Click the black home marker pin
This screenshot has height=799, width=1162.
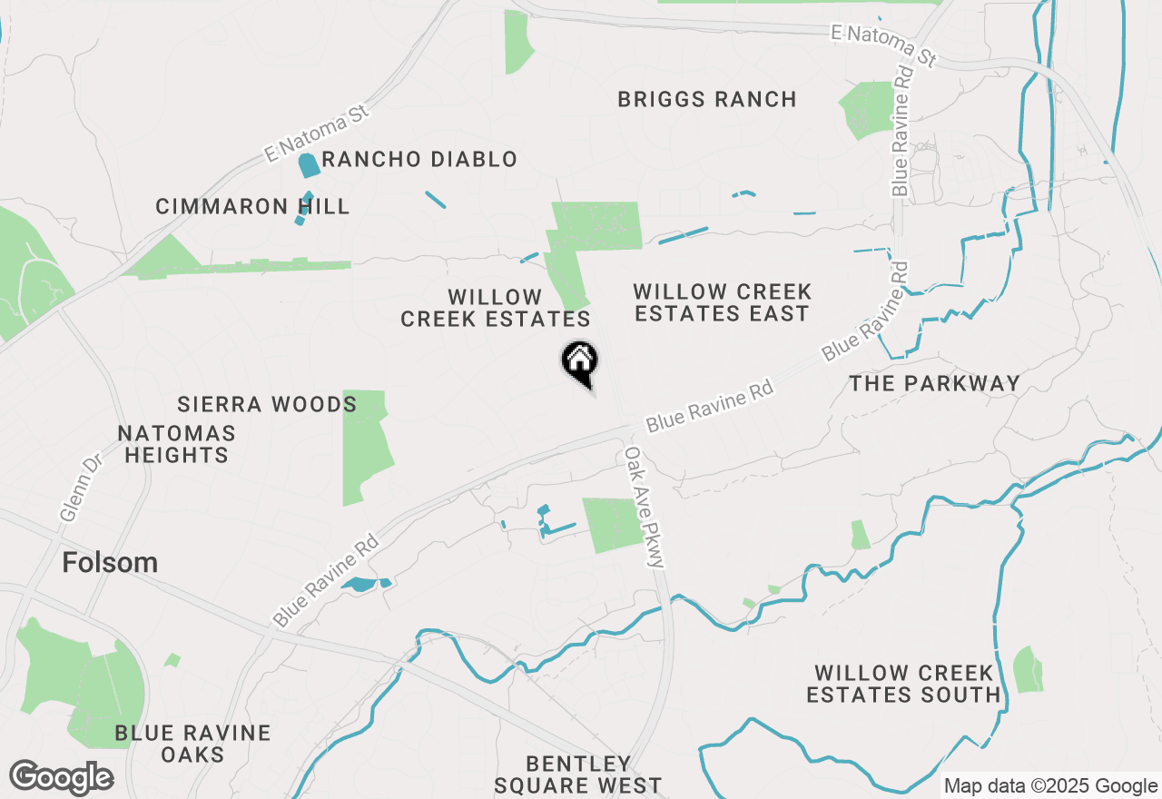tap(579, 360)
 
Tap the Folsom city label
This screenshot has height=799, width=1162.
tap(110, 563)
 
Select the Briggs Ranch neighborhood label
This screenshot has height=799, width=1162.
tap(707, 99)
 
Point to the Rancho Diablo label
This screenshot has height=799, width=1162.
tap(419, 160)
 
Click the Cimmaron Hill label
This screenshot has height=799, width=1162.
tap(252, 206)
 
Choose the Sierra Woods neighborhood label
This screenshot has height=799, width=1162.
tap(267, 404)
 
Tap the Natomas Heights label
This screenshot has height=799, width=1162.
tap(176, 444)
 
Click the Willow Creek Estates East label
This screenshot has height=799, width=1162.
tap(722, 302)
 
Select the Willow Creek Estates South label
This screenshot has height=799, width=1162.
tap(903, 684)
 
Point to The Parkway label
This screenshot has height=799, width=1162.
tap(935, 383)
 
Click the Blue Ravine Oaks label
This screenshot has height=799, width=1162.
tap(192, 743)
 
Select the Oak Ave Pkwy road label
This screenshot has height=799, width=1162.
tap(645, 506)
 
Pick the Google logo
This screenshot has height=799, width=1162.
tap(62, 777)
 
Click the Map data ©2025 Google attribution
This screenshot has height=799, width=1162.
tap(1050, 786)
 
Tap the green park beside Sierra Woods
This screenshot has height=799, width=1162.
tap(365, 445)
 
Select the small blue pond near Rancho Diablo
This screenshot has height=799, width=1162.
tap(310, 165)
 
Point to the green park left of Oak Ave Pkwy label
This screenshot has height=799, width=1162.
tap(610, 525)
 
